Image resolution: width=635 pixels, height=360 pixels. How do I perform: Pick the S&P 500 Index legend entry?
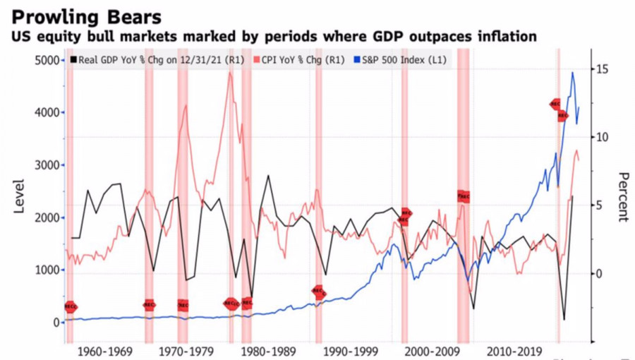(x=410, y=60)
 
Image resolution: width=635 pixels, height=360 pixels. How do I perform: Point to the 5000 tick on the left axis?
(x=49, y=61)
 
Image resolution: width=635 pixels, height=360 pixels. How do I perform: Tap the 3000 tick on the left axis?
(x=49, y=165)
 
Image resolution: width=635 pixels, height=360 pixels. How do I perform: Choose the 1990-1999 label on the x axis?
(x=334, y=351)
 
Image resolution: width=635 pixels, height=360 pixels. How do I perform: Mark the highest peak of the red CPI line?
(x=230, y=73)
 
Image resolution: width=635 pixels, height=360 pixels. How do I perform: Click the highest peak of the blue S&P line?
(x=572, y=73)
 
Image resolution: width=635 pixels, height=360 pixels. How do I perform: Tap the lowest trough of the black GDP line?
(x=564, y=319)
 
